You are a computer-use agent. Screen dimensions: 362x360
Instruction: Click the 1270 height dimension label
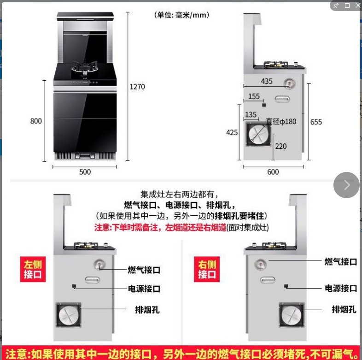(x=137, y=87)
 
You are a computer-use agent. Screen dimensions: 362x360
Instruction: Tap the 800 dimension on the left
(x=36, y=121)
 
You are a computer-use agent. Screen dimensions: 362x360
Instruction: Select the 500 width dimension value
(x=85, y=172)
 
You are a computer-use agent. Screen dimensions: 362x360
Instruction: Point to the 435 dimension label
(x=267, y=82)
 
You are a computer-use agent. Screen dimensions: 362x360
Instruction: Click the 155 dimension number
(x=254, y=96)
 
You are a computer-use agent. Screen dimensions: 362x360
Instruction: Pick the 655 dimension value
(x=316, y=122)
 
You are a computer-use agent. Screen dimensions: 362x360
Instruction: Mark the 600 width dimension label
(x=273, y=172)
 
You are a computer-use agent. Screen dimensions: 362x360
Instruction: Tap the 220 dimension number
(x=280, y=146)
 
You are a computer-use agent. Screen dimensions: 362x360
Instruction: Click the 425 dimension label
(x=232, y=132)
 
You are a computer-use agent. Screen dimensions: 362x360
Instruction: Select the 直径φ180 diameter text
(x=281, y=122)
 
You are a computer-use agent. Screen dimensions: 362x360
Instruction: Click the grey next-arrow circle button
(x=346, y=185)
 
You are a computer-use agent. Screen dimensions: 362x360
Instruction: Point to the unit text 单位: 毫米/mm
(x=182, y=15)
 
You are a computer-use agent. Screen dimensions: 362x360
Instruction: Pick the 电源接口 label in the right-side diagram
(x=341, y=288)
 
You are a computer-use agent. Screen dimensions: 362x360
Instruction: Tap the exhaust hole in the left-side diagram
(x=68, y=315)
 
